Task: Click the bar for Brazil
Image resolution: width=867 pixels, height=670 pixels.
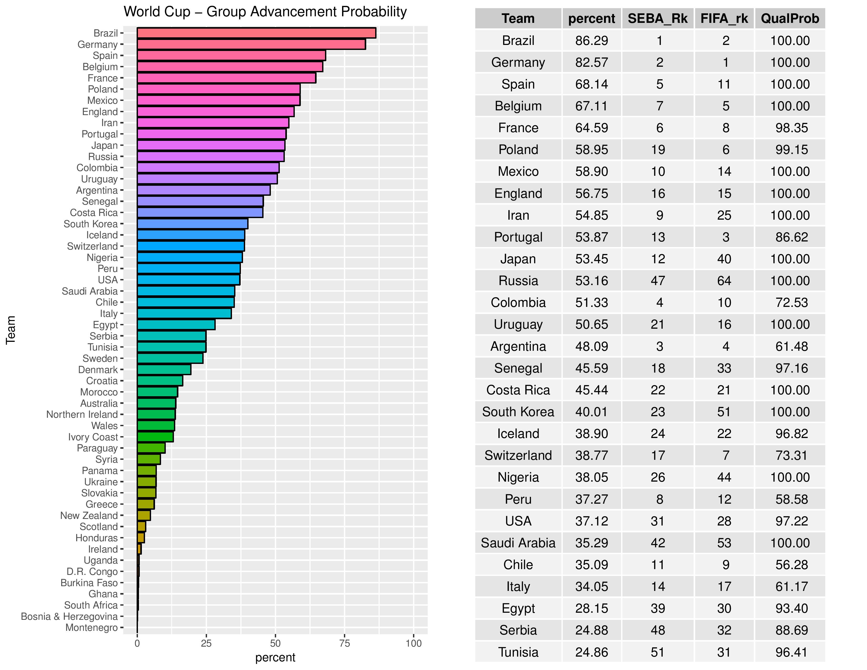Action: (x=256, y=33)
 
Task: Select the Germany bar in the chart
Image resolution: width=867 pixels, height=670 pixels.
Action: (x=251, y=44)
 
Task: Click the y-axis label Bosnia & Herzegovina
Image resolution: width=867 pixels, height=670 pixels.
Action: (x=69, y=616)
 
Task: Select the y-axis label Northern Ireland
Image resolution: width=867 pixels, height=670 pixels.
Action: (x=82, y=414)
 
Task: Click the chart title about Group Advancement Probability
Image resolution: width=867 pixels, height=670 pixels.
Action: (x=265, y=12)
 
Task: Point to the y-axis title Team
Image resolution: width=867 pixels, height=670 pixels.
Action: (x=11, y=330)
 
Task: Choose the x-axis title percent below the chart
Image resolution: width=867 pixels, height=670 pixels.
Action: (x=275, y=658)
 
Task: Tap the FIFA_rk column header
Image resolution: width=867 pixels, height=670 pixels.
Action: (x=724, y=19)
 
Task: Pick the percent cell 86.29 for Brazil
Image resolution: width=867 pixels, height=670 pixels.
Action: (x=591, y=40)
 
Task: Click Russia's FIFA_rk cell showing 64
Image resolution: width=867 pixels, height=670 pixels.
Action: (x=724, y=281)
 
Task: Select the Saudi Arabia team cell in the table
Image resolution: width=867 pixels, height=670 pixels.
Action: (x=518, y=543)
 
